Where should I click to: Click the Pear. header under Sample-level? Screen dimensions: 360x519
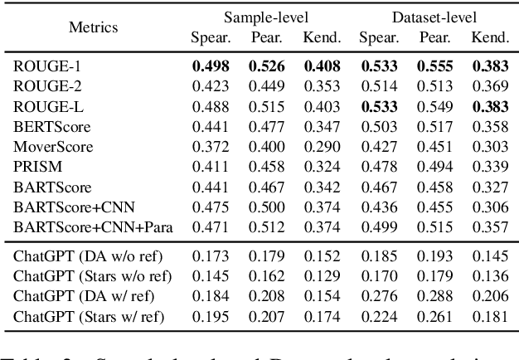[266, 37]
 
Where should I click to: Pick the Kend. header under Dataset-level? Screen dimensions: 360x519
[490, 37]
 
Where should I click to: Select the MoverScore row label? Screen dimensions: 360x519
[53, 147]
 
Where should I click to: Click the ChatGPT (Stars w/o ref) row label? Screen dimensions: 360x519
[93, 275]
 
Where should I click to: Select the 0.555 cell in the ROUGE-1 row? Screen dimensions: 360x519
[434, 64]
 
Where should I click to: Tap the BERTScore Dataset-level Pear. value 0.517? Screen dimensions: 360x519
[434, 126]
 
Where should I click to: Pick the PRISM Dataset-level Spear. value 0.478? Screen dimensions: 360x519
[378, 168]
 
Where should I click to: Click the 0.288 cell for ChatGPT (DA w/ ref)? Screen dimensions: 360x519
[434, 296]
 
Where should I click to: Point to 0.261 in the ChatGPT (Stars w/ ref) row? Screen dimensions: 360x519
[434, 317]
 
